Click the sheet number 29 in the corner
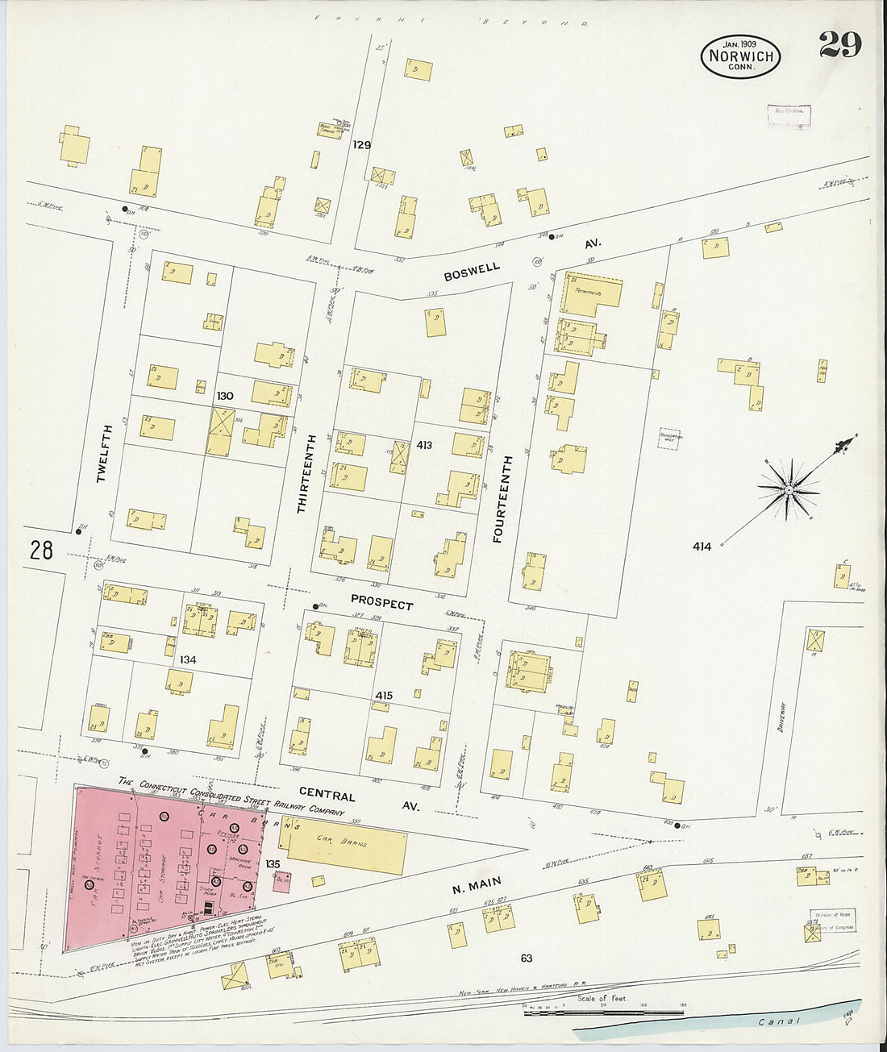tap(839, 45)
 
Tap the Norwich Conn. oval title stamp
tap(740, 56)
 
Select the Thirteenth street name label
tap(302, 473)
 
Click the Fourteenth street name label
tap(498, 499)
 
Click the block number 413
tap(424, 445)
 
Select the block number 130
tap(224, 397)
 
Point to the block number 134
tap(187, 659)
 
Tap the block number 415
tap(383, 695)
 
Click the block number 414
tap(702, 547)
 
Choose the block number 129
tap(361, 145)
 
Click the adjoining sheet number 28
tap(41, 551)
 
